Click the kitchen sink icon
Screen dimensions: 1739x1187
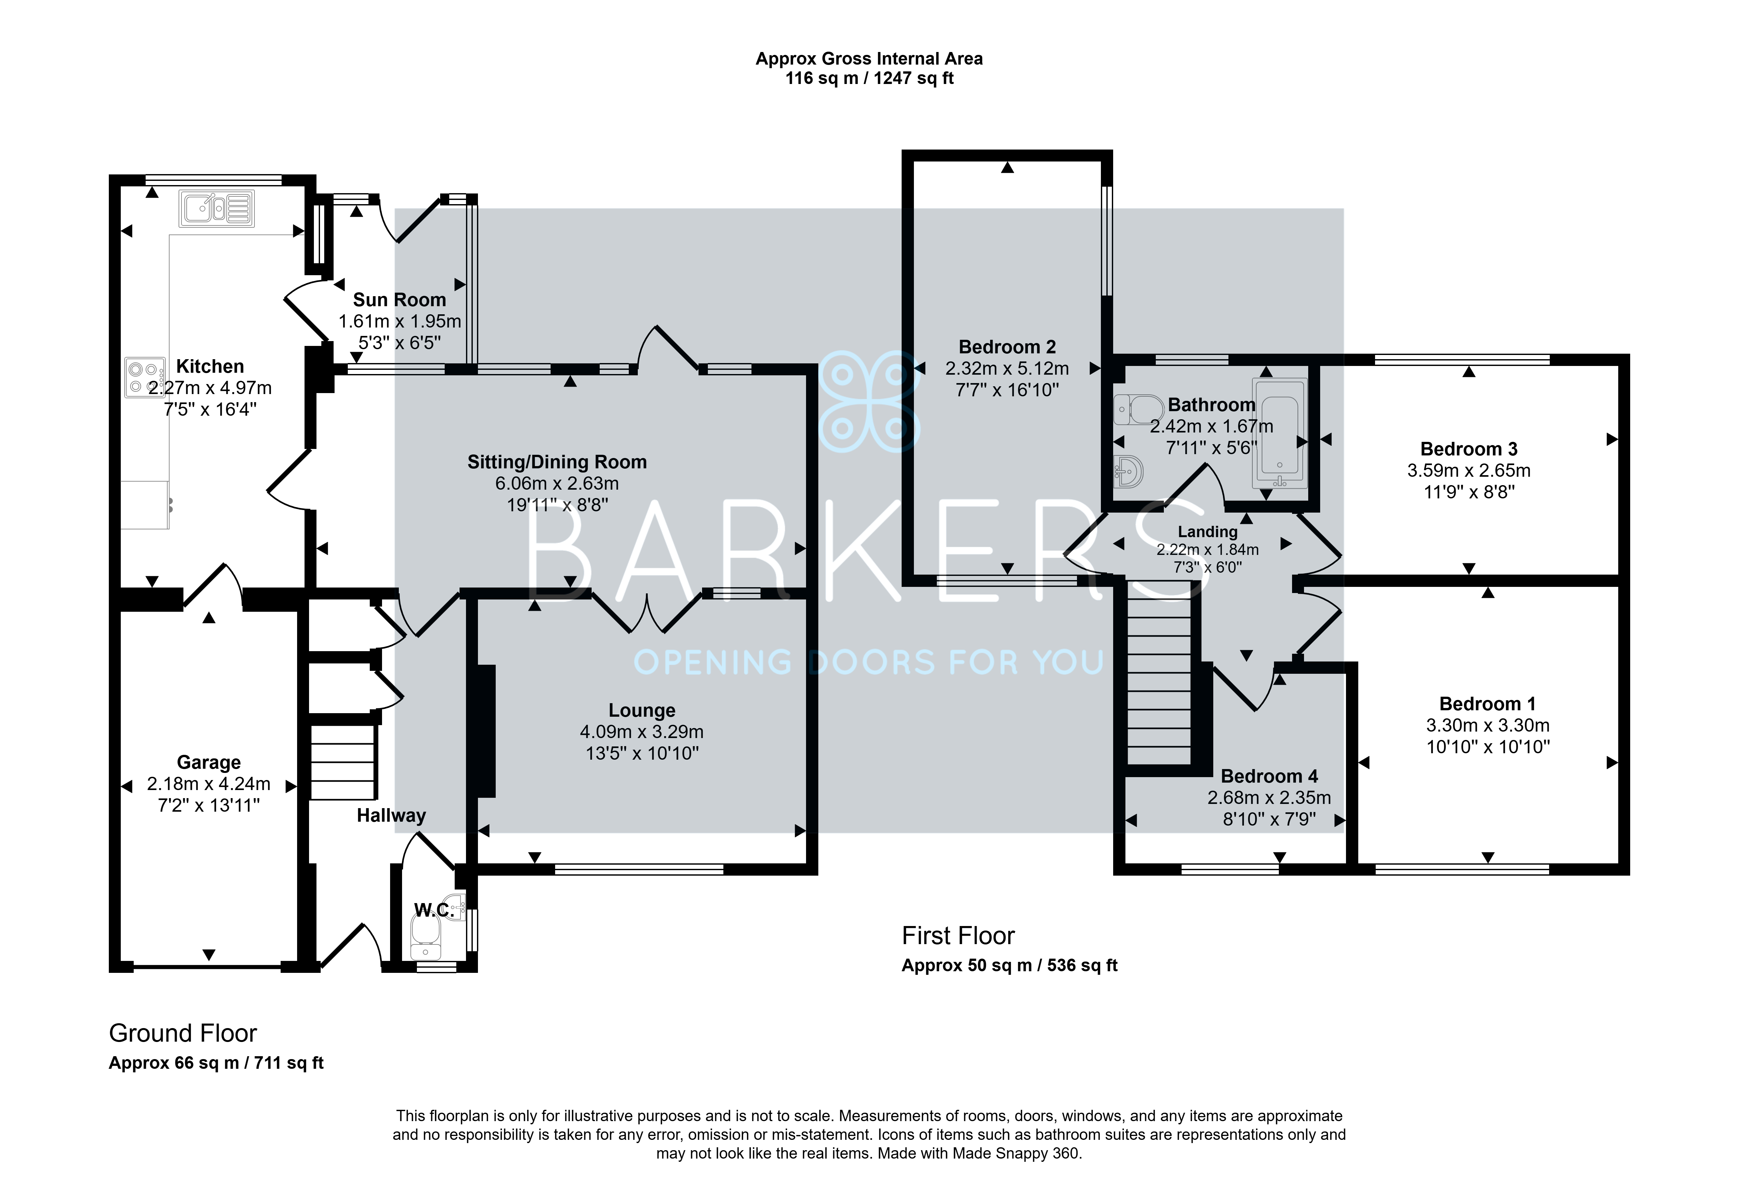coord(216,208)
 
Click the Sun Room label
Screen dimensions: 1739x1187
coord(399,300)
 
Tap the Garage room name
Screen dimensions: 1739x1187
coord(209,763)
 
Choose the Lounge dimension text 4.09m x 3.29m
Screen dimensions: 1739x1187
coord(642,732)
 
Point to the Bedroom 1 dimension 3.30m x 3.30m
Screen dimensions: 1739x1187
coord(1487,725)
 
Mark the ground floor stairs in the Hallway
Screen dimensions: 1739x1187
coord(343,761)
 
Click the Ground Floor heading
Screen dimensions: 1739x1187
coord(183,1034)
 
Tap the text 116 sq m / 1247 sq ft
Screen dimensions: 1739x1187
coord(869,78)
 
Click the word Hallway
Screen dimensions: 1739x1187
coord(391,816)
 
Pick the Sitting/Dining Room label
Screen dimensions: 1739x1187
coord(557,463)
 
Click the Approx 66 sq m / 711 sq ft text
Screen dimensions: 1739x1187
coord(216,1064)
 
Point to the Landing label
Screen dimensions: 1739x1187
coord(1208,532)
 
